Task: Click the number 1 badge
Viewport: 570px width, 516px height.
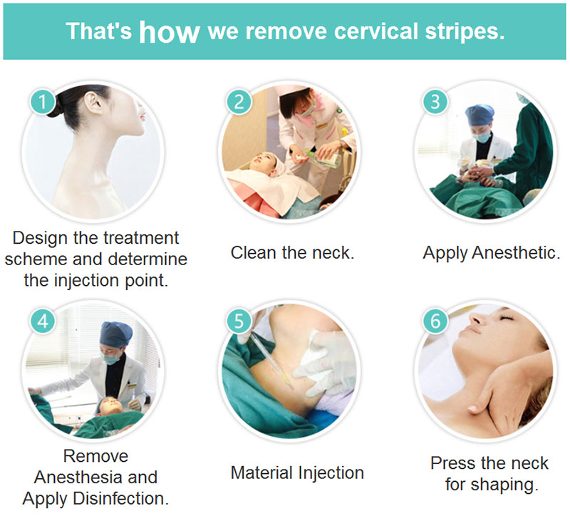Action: coord(43,101)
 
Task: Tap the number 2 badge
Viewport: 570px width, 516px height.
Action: coord(239,101)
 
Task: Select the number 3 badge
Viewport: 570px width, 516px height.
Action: coord(435,101)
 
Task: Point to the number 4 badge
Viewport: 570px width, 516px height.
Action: coord(43,321)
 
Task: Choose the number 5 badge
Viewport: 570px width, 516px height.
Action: coord(239,321)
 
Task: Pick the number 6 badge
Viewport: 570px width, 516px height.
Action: coord(435,321)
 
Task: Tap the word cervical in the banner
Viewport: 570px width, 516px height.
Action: coord(376,31)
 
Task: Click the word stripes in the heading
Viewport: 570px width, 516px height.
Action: coord(465,31)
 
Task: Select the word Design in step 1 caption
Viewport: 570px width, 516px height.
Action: coord(40,239)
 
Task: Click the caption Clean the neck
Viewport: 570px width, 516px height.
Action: coord(292,252)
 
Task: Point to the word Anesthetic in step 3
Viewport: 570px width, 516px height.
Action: coord(516,252)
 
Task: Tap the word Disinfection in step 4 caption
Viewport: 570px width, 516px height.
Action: coord(121,499)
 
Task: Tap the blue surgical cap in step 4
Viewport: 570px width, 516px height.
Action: coord(116,334)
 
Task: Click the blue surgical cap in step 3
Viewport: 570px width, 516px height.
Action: coord(480,115)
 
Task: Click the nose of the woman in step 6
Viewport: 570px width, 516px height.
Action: coord(477,319)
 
